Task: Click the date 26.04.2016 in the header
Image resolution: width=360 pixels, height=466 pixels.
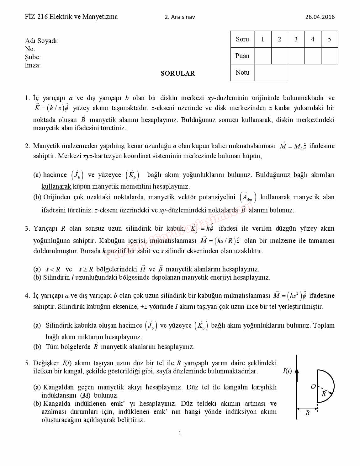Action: click(320, 17)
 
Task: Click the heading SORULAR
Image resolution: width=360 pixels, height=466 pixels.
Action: click(178, 73)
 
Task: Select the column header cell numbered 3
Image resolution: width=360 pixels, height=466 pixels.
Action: click(296, 39)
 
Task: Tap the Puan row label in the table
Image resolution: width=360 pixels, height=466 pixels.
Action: click(242, 56)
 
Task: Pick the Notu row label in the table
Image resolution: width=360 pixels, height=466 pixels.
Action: click(242, 72)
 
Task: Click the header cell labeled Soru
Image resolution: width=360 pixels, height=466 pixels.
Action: click(242, 39)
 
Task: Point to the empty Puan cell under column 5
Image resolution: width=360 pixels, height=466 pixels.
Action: click(329, 56)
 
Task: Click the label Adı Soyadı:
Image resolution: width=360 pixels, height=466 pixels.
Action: click(42, 41)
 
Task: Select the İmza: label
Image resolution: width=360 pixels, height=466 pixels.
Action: click(33, 65)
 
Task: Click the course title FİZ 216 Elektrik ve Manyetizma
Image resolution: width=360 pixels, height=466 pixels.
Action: click(71, 17)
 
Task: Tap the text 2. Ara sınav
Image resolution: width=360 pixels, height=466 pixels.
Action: click(180, 17)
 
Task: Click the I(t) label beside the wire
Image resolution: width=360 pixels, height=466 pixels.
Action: click(287, 371)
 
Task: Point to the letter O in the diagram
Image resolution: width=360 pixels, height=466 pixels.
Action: click(313, 387)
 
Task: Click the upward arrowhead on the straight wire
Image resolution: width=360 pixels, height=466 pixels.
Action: click(297, 370)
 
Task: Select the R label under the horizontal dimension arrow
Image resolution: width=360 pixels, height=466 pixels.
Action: click(307, 413)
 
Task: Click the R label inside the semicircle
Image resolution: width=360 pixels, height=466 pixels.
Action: click(324, 394)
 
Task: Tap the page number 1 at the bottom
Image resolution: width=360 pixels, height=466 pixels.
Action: click(180, 433)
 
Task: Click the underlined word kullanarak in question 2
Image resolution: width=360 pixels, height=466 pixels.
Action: click(56, 186)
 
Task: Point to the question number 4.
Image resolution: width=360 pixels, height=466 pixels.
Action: click(27, 296)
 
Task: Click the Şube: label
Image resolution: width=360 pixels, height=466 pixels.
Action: click(33, 57)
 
